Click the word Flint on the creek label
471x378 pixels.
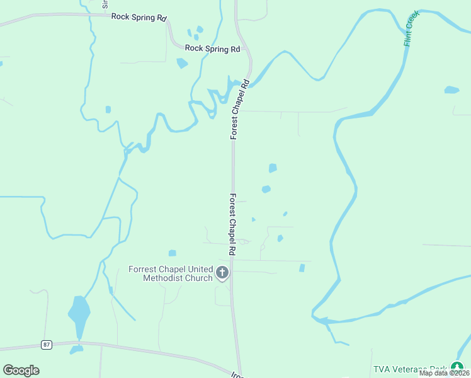tap(408, 40)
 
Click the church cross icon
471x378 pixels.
tap(222, 273)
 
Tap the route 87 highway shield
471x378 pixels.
tap(46, 345)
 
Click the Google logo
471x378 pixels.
tap(21, 370)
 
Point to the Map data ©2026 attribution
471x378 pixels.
tap(445, 373)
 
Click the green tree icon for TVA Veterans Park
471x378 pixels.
tap(457, 367)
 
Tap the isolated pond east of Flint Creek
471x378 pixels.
tap(451, 90)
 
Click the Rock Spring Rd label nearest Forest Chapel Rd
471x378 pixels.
tap(213, 49)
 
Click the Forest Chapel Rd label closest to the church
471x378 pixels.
tap(232, 224)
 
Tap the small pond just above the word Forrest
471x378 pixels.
tap(173, 253)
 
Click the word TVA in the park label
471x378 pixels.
tap(383, 369)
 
